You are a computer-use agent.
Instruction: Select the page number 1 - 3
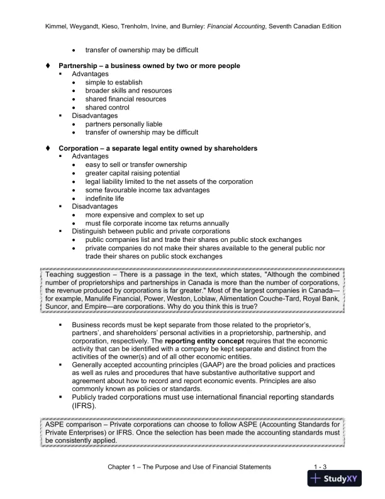pos(320,466)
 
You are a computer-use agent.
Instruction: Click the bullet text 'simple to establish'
pos(114,83)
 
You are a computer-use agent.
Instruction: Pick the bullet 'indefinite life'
pos(107,198)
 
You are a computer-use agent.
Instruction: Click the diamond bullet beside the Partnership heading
pos(48,66)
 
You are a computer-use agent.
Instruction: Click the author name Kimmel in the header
pos(59,26)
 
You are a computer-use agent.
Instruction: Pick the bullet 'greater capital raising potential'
pos(132,173)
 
